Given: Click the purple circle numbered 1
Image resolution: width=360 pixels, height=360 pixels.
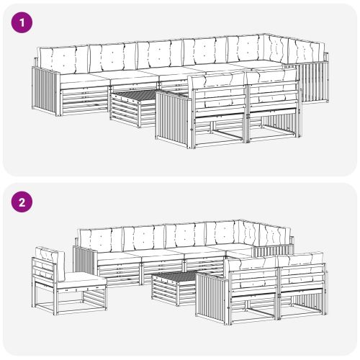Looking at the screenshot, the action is coord(22,23).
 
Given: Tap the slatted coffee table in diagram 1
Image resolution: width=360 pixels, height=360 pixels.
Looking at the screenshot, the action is coord(133,109).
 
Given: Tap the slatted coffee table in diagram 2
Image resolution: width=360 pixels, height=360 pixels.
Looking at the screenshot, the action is coord(175,288).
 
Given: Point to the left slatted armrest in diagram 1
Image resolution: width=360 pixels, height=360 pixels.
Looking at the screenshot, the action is coord(45,91).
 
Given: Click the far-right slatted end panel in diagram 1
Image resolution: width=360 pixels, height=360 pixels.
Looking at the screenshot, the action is coord(315,81).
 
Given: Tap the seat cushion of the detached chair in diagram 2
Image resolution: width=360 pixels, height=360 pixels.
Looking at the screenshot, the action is coord(81,280).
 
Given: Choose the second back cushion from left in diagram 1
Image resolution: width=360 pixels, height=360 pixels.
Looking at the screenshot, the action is coord(113,58).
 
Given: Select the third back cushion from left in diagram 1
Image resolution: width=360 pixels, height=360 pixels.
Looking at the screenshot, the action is coord(160,55).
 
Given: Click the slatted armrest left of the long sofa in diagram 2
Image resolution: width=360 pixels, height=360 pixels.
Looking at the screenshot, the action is coord(85,261).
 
